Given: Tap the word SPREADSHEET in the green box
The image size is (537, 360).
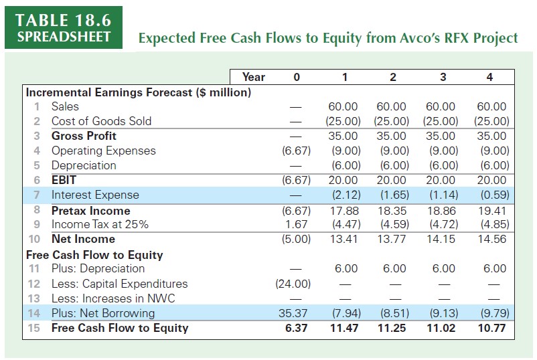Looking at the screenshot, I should click(62, 36).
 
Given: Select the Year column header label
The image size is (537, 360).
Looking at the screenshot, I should click(253, 77).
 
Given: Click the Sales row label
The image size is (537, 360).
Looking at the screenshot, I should click(65, 106).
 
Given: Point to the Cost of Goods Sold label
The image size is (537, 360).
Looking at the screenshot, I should click(101, 121).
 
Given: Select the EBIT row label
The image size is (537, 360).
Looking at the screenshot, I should click(64, 180).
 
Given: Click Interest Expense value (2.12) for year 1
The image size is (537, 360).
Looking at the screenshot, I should click(343, 195).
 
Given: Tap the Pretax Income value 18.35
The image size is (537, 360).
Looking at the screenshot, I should click(392, 210).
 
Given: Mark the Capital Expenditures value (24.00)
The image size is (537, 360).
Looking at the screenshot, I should click(293, 284).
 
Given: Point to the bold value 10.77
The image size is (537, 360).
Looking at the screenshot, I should click(492, 328).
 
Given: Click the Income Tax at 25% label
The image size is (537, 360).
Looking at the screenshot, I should click(100, 224).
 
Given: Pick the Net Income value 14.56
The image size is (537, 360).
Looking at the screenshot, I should click(492, 239).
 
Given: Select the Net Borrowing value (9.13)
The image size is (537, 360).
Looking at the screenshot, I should click(441, 313).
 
